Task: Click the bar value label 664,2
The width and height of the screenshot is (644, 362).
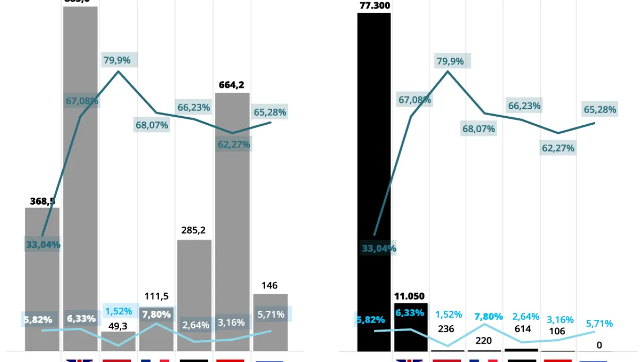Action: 231,85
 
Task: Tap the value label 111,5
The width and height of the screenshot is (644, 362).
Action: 156,296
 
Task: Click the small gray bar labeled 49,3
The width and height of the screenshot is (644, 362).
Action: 118,341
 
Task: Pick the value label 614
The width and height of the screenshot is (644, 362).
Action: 523,329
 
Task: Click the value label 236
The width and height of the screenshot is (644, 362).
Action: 446,329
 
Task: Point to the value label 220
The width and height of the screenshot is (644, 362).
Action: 484,341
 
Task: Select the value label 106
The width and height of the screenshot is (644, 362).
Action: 557,331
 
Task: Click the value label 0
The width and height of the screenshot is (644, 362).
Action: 599,345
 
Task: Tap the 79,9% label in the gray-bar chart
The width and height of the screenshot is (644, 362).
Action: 117,60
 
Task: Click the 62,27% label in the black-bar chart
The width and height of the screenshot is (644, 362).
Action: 558,148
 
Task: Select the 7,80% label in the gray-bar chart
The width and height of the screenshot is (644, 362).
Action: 156,314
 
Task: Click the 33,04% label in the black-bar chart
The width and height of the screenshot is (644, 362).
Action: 379,248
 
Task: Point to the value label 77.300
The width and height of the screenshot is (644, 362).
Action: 374,6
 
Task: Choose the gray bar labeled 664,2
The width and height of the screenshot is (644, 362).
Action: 232,221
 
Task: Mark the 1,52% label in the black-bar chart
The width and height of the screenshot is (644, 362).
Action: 448,314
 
